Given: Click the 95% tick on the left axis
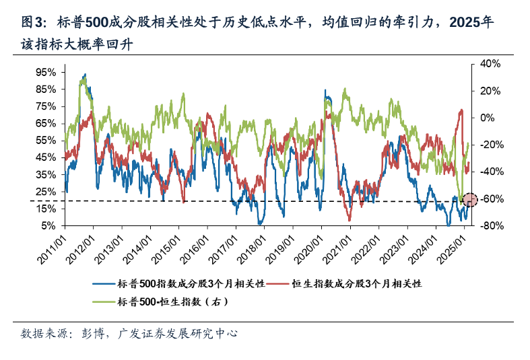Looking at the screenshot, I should point(46,71).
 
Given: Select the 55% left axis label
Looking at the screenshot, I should point(46,140).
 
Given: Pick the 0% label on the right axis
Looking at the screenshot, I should point(487,118).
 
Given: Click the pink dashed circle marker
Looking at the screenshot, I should point(470,200).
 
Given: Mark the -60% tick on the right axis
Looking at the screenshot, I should point(487,199).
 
